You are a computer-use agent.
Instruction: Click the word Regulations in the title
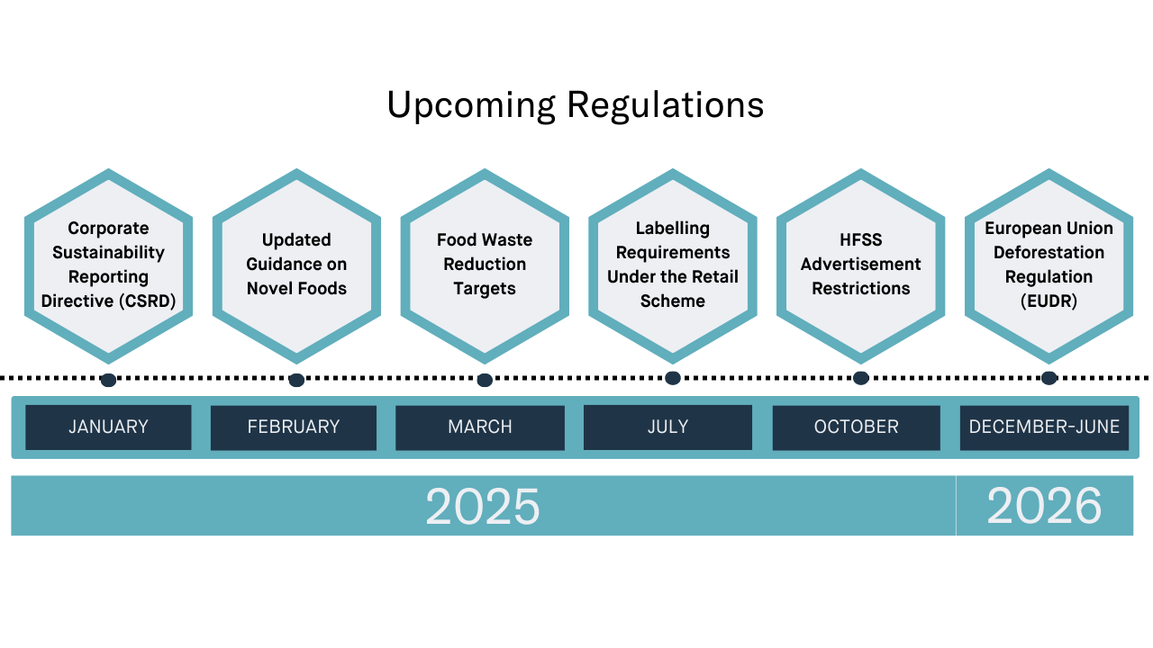(x=666, y=106)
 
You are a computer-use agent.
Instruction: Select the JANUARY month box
(x=108, y=427)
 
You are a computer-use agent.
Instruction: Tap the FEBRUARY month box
(x=294, y=427)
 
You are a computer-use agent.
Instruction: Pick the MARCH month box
(x=480, y=427)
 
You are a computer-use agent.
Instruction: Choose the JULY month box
(x=667, y=427)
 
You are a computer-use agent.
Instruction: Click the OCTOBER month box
(x=857, y=427)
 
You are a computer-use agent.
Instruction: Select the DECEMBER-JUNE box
(x=1044, y=427)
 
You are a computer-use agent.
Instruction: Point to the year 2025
(x=483, y=506)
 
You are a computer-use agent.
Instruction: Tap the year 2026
(x=1044, y=506)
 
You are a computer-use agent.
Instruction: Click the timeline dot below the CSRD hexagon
(x=108, y=380)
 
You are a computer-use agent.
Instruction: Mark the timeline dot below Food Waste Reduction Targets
(x=485, y=380)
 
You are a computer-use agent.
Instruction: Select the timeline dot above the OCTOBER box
(x=860, y=378)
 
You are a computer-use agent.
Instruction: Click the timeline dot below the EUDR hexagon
(x=1049, y=378)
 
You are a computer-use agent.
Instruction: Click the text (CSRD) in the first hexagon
(x=148, y=301)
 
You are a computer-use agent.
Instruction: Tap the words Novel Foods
(x=296, y=288)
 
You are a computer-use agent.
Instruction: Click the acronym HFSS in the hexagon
(x=860, y=239)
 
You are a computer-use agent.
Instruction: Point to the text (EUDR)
(x=1049, y=301)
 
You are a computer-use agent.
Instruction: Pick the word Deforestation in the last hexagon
(x=1049, y=253)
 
